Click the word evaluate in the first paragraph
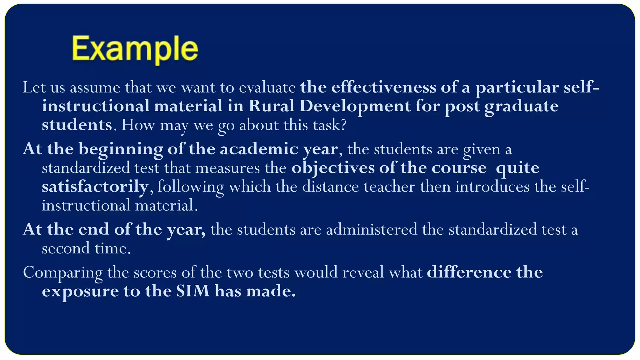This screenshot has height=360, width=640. pyautogui.click(x=267, y=87)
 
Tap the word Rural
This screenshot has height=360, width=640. pyautogui.click(x=271, y=106)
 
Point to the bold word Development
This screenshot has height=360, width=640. pyautogui.click(x=355, y=107)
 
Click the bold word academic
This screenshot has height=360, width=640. pyautogui.click(x=259, y=149)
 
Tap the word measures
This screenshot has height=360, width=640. pyautogui.click(x=227, y=168)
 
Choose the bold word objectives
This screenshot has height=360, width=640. pyautogui.click(x=333, y=168)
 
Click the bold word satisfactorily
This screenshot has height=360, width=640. pyautogui.click(x=95, y=187)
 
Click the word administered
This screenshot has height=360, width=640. pyautogui.click(x=372, y=229)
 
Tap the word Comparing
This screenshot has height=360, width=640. pyautogui.click(x=62, y=272)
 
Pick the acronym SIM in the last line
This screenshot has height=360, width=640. pyautogui.click(x=193, y=291)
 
